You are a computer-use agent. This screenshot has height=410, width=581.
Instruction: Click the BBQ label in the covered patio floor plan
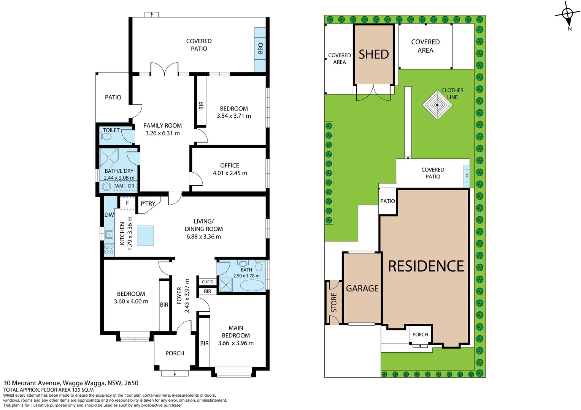[260, 48]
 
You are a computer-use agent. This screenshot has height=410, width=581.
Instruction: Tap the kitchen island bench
[145, 236]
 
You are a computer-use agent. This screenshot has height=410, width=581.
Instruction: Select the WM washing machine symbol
[119, 186]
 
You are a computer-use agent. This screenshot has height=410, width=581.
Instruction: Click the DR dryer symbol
[131, 186]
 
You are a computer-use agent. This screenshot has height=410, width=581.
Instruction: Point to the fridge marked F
[127, 203]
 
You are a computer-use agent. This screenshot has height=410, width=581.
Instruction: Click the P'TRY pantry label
[148, 203]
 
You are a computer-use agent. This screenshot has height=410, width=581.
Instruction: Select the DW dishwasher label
[109, 215]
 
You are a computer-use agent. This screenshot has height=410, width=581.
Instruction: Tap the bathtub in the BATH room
[252, 285]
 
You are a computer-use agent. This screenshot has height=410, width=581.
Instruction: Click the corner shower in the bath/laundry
[109, 158]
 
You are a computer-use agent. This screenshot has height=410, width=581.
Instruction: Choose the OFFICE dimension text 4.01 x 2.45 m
[230, 173]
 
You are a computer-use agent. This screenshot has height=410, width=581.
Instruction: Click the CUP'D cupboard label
[208, 282]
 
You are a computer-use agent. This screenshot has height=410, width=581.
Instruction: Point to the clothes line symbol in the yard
[437, 105]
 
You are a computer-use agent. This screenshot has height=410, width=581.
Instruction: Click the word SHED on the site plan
[374, 54]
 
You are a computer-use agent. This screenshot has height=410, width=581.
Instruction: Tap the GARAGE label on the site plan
[362, 289]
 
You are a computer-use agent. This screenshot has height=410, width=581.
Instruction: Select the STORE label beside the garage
[334, 303]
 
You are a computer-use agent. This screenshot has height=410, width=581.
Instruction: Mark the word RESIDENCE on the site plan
[426, 266]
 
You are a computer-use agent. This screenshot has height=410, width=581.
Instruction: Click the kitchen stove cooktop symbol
[109, 249]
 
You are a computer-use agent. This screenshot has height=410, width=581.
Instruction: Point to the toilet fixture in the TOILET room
[107, 136]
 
